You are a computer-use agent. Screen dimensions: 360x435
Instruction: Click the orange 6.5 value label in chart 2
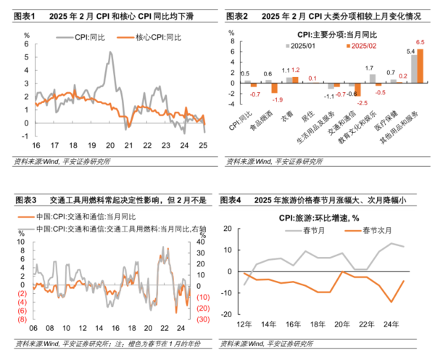tap(418, 42)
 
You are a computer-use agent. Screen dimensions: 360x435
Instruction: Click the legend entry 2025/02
tap(360, 46)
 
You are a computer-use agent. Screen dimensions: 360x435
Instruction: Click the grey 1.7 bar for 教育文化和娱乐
tap(370, 77)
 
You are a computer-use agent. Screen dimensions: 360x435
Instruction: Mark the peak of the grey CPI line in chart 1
tap(109, 52)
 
